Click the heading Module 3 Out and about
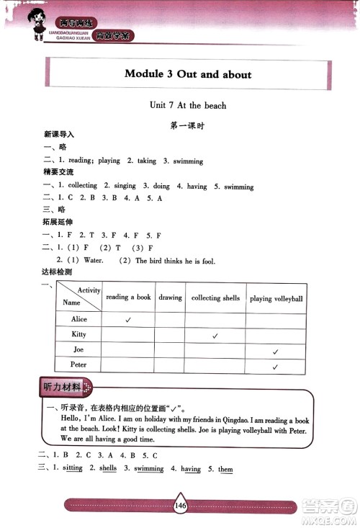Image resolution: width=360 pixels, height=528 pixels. pyautogui.click(x=188, y=74)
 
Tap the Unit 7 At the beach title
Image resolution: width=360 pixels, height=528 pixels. pyautogui.click(x=187, y=105)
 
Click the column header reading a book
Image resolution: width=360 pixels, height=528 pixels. pyautogui.click(x=128, y=297)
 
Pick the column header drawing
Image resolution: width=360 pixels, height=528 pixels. pyautogui.click(x=170, y=297)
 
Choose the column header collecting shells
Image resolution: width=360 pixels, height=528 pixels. pyautogui.click(x=215, y=297)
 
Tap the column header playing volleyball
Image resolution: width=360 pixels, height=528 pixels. pyautogui.click(x=276, y=298)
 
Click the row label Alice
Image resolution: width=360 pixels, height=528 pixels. pyautogui.click(x=79, y=319)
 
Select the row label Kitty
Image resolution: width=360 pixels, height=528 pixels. pyautogui.click(x=79, y=334)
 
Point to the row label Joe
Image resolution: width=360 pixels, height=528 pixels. pyautogui.click(x=79, y=349)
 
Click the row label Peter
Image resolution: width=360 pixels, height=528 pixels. pyautogui.click(x=79, y=364)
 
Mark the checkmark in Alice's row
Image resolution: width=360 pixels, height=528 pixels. pyautogui.click(x=127, y=319)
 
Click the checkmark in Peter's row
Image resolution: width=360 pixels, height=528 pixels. pyautogui.click(x=275, y=367)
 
